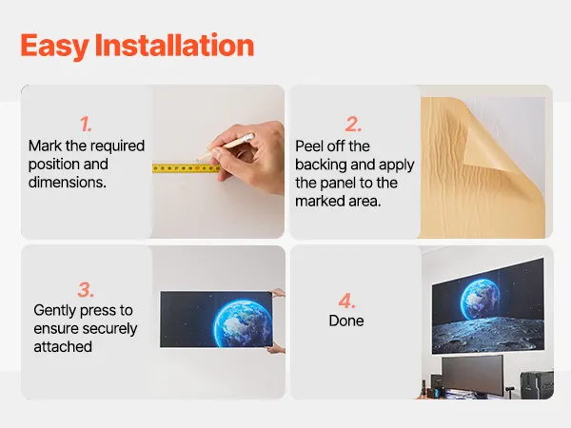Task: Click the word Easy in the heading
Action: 54,46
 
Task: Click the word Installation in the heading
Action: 174,45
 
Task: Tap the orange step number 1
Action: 86,124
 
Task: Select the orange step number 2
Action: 353,124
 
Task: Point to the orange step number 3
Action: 86,290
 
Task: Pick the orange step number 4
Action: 346,301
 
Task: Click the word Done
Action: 346,321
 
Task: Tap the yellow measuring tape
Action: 187,168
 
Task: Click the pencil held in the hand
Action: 226,146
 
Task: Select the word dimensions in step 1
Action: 68,183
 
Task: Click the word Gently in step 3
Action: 55,311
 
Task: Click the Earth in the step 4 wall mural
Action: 480,300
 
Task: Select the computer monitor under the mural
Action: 473,377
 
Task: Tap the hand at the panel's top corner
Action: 278,293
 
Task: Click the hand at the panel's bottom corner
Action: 276,349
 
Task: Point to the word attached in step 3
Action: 63,347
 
